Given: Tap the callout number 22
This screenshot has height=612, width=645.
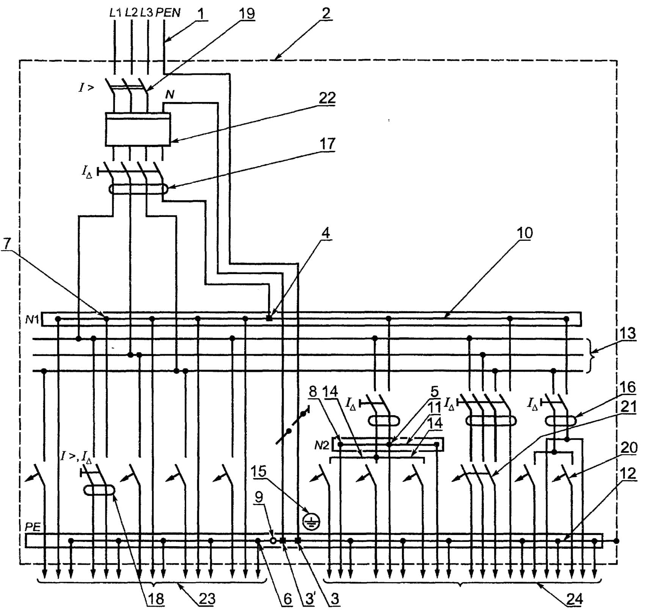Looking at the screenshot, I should [x=327, y=98].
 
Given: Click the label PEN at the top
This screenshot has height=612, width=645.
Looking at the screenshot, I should [x=168, y=13].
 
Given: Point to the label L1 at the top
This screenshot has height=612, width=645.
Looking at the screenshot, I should [x=115, y=13].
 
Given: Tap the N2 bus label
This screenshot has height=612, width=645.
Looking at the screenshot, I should [x=322, y=446].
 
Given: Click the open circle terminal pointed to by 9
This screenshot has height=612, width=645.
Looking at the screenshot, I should [x=273, y=541].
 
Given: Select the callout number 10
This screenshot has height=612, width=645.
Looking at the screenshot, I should [x=525, y=233].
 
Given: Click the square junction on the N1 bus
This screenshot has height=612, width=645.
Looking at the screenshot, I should [x=269, y=319].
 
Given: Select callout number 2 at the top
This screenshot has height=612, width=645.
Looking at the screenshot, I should [x=325, y=14].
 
